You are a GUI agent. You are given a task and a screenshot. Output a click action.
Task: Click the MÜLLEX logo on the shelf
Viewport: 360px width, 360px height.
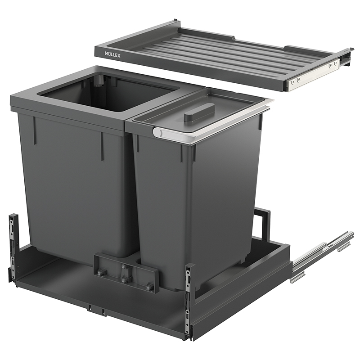112,54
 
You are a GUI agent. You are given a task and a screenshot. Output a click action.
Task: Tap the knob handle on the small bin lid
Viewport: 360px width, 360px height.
200,111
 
